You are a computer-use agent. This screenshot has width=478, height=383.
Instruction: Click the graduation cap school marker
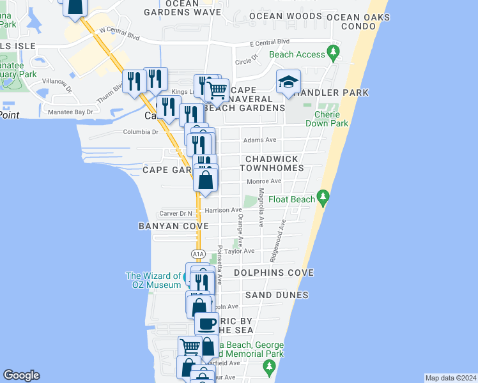click(x=289, y=82)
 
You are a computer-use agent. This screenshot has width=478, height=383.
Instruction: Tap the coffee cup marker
click(x=206, y=324)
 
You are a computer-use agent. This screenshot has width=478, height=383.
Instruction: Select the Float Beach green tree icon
click(x=323, y=199)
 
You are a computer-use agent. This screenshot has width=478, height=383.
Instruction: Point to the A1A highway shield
click(x=198, y=254)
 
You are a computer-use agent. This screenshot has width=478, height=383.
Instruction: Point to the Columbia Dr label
click(x=141, y=132)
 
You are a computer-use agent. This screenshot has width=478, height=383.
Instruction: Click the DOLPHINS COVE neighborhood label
click(x=274, y=273)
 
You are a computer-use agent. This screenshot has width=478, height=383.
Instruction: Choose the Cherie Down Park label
click(x=331, y=119)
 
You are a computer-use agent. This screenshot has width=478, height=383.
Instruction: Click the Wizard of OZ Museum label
click(x=153, y=280)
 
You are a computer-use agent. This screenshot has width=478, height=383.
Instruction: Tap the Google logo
click(x=21, y=375)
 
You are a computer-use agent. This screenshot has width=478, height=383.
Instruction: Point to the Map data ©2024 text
click(x=451, y=378)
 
